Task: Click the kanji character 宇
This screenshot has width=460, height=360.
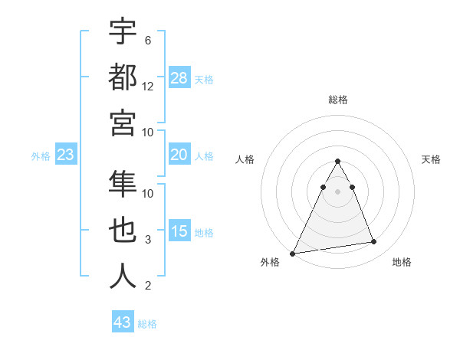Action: [x=123, y=31]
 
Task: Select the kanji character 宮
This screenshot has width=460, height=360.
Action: [x=123, y=122]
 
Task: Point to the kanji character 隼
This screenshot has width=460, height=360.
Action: [x=123, y=185]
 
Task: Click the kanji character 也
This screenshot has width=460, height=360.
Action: [x=123, y=231]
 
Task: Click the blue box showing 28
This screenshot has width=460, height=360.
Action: [x=179, y=78]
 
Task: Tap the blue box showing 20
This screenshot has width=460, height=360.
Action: [x=179, y=155]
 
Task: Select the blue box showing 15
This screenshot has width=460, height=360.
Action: [x=179, y=231]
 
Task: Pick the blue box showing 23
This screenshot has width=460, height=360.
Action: [x=66, y=155]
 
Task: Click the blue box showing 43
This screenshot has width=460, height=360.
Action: [x=123, y=322]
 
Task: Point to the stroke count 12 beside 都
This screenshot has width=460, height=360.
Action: [x=148, y=87]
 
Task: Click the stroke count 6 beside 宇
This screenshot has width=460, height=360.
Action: [x=148, y=41]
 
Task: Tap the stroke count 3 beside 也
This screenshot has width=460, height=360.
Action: [x=148, y=240]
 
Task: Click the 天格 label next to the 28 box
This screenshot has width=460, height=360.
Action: [x=204, y=79]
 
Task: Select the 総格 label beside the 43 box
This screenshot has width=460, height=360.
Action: [x=147, y=324]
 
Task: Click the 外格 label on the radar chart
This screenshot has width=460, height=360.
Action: [x=270, y=263]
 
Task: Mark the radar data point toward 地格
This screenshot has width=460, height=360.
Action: [x=374, y=242]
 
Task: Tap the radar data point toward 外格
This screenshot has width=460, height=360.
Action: [x=293, y=253]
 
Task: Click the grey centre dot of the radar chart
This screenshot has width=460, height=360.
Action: [x=337, y=191]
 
